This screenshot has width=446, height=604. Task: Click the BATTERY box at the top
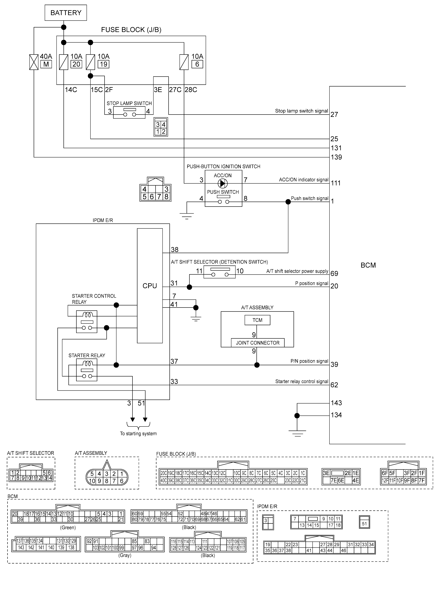click(x=66, y=13)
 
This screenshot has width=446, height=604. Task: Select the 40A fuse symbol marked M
click(x=34, y=62)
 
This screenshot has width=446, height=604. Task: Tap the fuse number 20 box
click(x=76, y=64)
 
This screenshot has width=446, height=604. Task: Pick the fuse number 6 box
click(x=197, y=64)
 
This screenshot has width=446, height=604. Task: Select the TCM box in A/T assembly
click(x=257, y=320)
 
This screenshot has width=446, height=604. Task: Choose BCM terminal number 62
click(x=334, y=385)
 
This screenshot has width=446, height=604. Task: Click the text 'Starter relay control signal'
click(x=302, y=381)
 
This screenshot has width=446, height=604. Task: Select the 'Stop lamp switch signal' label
click(x=301, y=111)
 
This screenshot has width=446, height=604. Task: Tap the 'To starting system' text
click(x=138, y=434)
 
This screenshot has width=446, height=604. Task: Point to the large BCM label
click(x=368, y=265)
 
